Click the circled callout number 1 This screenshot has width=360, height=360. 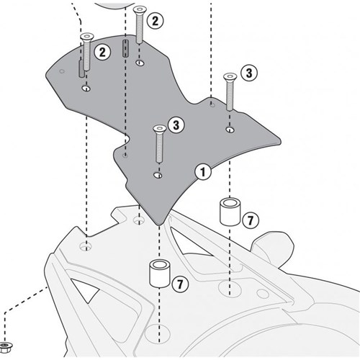pyautogui.click(x=203, y=172)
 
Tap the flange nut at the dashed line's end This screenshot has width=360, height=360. pyautogui.click(x=6, y=347)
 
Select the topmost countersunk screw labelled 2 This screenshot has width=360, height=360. pyautogui.click(x=140, y=24)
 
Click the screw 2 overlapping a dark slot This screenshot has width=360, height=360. pyautogui.click(x=86, y=52)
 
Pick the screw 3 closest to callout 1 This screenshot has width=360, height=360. pyautogui.click(x=160, y=143)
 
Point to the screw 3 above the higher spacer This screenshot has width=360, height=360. pyautogui.click(x=230, y=92)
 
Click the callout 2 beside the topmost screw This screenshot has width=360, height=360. pyautogui.click(x=155, y=21)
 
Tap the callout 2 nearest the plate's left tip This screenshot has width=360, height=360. pyautogui.click(x=102, y=52)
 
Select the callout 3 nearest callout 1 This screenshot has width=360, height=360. pyautogui.click(x=176, y=125)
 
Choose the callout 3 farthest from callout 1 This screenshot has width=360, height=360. pyautogui.click(x=249, y=73)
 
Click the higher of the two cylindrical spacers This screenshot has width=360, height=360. pyautogui.click(x=230, y=212)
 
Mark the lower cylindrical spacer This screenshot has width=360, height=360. pyautogui.click(x=160, y=274)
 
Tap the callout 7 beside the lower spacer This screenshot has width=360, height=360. pyautogui.click(x=180, y=284)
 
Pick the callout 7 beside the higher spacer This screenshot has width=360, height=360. pyautogui.click(x=251, y=220)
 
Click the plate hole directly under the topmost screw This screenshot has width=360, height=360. pyautogui.click(x=140, y=63)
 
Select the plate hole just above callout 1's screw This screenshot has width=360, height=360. pyautogui.click(x=158, y=175)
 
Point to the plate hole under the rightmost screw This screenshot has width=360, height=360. pyautogui.click(x=230, y=130)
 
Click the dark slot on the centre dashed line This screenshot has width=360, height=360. pyautogui.click(x=125, y=48)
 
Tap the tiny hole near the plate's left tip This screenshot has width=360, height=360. pyautogui.click(x=62, y=71)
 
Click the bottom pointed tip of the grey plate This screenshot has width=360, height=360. pyautogui.click(x=158, y=225)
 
